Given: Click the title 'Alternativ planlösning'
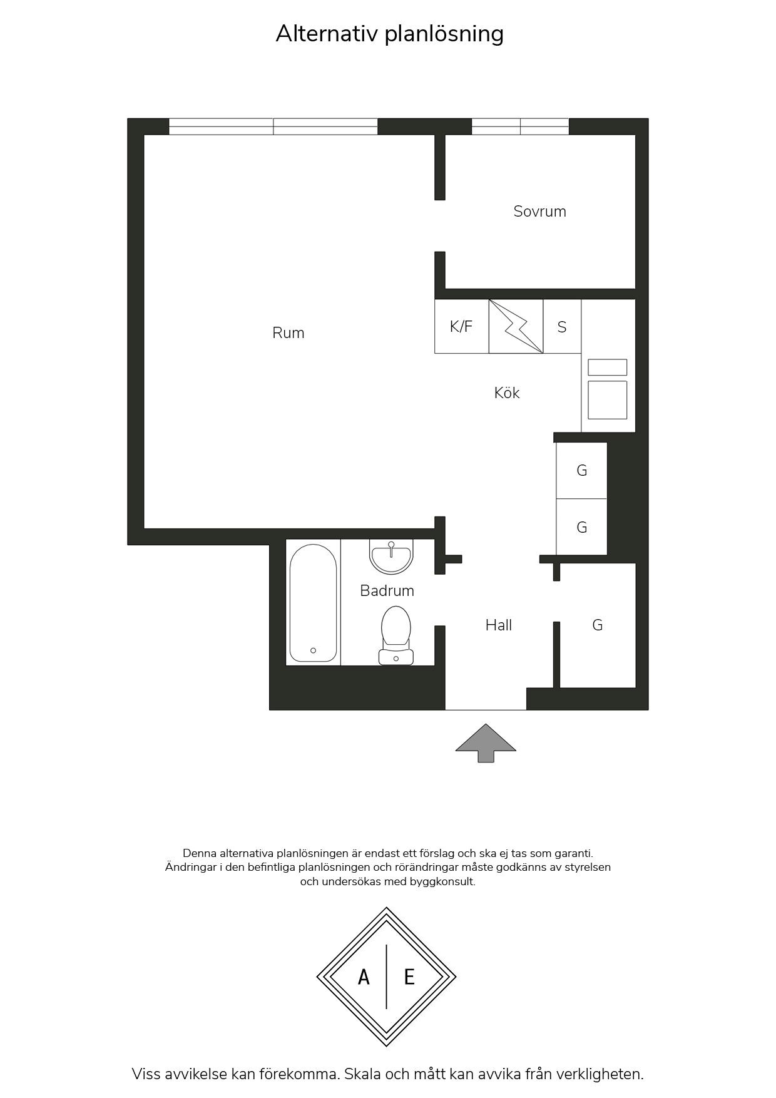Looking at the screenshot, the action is pyautogui.click(x=389, y=34).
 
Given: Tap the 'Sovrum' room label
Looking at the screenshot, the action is pyautogui.click(x=539, y=212).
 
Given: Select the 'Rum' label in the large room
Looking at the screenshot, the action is pyautogui.click(x=288, y=333).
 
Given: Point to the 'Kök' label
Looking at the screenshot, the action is pyautogui.click(x=507, y=393).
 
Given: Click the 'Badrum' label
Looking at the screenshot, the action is pyautogui.click(x=387, y=590).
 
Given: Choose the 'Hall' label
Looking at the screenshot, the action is pyautogui.click(x=499, y=625).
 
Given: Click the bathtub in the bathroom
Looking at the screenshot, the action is pyautogui.click(x=314, y=602).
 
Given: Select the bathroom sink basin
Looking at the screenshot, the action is pyautogui.click(x=391, y=557).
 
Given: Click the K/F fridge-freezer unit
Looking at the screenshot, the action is pyautogui.click(x=462, y=326).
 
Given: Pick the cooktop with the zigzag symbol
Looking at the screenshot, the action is pyautogui.click(x=516, y=326).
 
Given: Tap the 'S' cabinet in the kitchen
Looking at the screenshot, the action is pyautogui.click(x=562, y=326).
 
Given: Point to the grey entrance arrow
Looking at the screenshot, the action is pyautogui.click(x=486, y=743).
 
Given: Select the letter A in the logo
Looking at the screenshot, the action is pyautogui.click(x=364, y=977).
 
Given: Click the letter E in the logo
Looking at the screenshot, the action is pyautogui.click(x=409, y=977).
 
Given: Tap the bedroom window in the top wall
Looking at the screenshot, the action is pyautogui.click(x=520, y=126).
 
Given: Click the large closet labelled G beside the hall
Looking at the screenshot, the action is pyautogui.click(x=598, y=625).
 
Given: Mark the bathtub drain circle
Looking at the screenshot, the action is pyautogui.click(x=314, y=650).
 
